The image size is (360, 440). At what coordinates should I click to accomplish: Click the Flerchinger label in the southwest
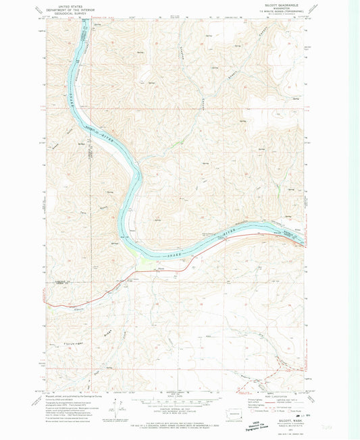[x=63, y=345]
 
